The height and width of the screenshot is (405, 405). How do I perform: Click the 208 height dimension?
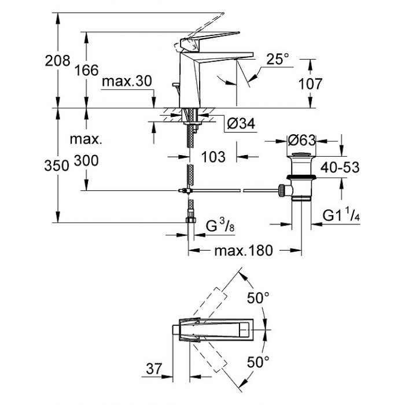[x=58, y=61]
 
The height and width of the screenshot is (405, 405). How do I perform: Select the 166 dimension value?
[x=87, y=70]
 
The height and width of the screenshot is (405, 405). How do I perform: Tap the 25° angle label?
[x=278, y=59]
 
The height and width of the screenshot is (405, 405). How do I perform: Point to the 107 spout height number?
[x=311, y=84]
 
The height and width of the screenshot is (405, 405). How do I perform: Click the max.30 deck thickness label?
[x=127, y=82]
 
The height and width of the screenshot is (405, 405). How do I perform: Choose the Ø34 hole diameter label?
[x=241, y=123]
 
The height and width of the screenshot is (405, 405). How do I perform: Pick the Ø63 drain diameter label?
[x=302, y=141]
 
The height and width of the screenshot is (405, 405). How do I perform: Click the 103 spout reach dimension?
[x=213, y=157]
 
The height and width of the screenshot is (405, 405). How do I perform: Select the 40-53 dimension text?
[x=340, y=168]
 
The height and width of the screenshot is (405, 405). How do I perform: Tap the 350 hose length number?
[x=57, y=165]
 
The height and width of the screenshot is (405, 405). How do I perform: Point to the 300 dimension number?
[x=86, y=161]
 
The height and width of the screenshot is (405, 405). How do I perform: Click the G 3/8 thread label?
[x=220, y=226]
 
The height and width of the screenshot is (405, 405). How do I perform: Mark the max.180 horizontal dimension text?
[x=244, y=251]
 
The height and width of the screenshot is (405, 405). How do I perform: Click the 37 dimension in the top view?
[x=154, y=369]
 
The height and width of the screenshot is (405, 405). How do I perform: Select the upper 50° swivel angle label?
[x=258, y=298]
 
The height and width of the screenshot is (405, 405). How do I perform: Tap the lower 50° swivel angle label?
[x=258, y=362]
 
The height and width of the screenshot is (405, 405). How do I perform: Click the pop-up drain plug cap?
[x=301, y=155]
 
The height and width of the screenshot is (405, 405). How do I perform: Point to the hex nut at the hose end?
[x=190, y=220]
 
